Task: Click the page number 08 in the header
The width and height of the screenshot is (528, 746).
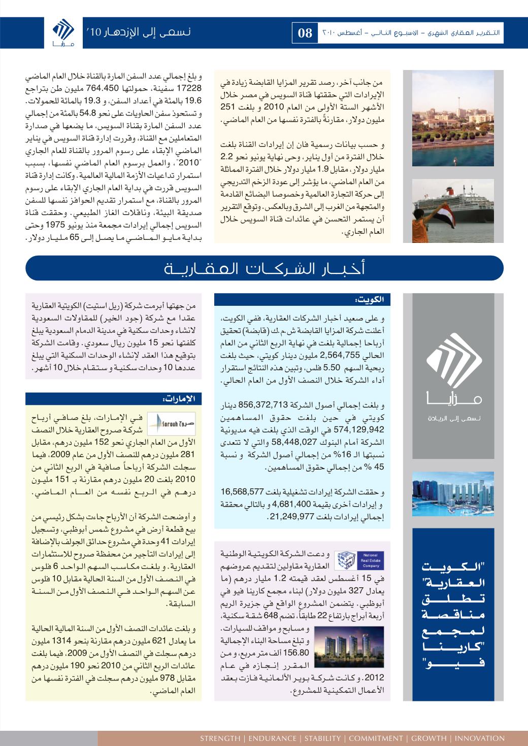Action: point(305,33)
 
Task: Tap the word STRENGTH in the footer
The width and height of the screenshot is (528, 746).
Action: point(220,738)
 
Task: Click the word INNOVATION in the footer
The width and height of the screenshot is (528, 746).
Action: point(479,738)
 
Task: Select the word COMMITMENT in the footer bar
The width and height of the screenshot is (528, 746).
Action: point(376,738)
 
